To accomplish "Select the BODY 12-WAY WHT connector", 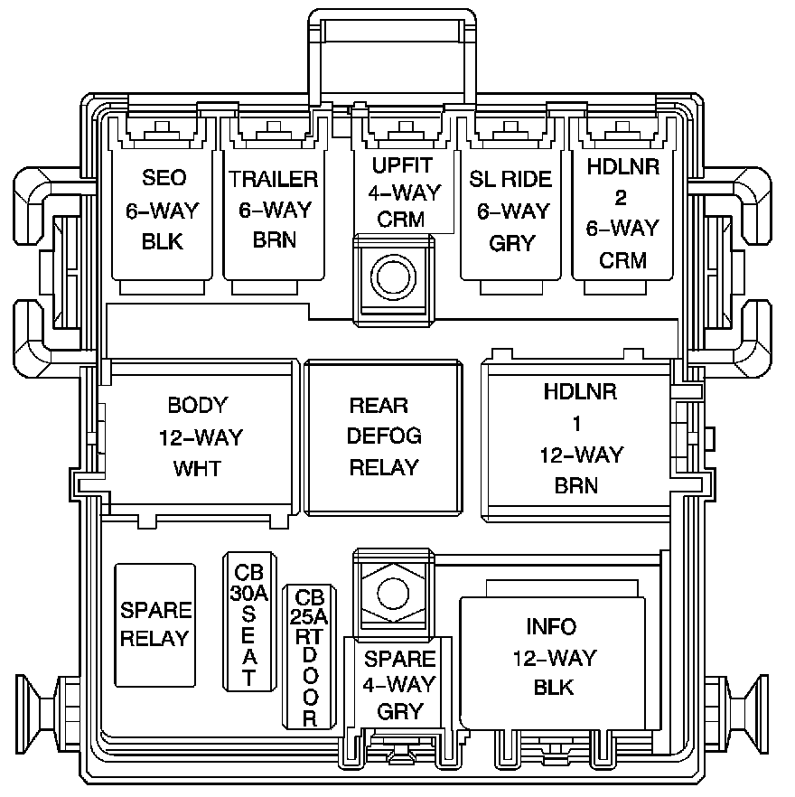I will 200,437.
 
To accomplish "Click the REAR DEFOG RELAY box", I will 384,437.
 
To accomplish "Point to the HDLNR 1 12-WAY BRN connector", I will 580,439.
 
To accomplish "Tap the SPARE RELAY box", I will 154,624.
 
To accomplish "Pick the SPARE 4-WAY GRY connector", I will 399,685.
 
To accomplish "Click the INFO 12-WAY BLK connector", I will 553,657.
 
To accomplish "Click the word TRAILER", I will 274,179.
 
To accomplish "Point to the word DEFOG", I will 385,437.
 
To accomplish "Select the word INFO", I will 551,627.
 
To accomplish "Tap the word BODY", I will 198,405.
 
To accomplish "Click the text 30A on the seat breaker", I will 248,594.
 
